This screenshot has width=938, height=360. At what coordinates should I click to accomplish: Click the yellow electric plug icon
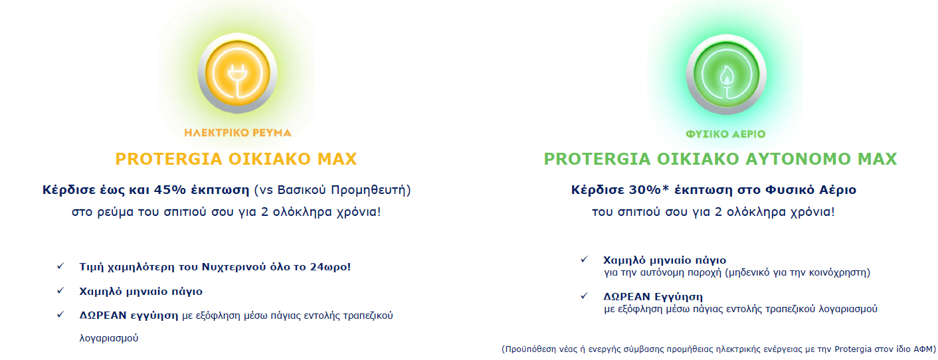coord(237,73)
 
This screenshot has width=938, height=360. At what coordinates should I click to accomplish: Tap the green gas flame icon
coord(726,74)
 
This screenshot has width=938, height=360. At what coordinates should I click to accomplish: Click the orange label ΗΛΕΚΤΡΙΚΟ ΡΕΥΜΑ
coord(237,133)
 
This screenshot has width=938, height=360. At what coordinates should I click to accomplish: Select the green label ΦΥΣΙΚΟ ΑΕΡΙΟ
coord(725,134)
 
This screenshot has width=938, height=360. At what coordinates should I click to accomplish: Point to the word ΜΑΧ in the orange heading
coord(337,159)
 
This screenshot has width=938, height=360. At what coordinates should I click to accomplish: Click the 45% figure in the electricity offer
coord(170,190)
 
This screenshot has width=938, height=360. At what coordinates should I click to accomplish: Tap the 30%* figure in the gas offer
coord(649,190)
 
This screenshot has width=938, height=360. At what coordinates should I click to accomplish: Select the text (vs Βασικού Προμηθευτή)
coord(333,191)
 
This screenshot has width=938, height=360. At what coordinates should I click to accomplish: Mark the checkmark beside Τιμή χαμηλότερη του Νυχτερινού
coord(60,266)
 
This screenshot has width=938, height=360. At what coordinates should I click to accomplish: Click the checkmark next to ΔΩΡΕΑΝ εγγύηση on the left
coord(60,314)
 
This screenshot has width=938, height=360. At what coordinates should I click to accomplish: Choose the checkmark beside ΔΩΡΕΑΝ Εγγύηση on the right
coord(584,296)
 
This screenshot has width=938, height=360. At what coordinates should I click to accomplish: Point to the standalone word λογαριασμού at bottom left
coord(109,338)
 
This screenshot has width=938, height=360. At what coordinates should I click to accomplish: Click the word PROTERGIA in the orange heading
coord(169,159)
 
